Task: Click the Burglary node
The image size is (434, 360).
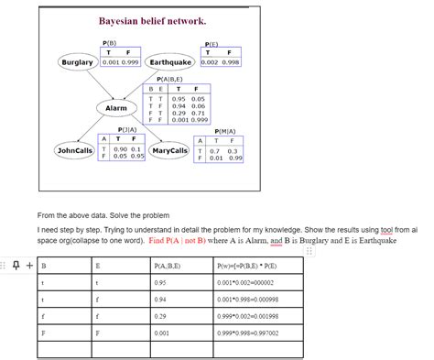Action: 77,62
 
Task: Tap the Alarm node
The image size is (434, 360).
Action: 116,108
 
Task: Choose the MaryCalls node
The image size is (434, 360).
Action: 169,150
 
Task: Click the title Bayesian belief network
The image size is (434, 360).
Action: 152,20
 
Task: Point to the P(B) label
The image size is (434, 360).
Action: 111,42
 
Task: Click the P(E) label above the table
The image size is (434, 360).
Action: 212,42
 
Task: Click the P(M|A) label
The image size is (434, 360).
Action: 224,131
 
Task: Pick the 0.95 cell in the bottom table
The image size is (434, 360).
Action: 160,283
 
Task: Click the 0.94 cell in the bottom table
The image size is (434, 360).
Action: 160,300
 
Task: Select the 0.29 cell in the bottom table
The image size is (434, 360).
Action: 160,317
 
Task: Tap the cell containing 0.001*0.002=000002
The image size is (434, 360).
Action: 246,283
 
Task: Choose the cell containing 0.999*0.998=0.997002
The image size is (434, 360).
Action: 247,333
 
